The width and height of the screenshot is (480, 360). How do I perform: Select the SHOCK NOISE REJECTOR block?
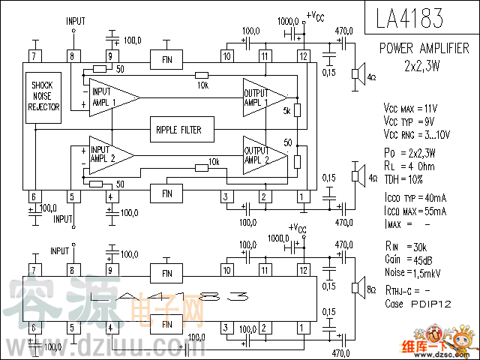coord(43,97)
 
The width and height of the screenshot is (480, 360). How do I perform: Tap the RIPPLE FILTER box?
coord(178,130)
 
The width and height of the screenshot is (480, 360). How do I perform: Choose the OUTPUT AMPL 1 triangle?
coord(262,97)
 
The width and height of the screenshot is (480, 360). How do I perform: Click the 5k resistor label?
coord(286,112)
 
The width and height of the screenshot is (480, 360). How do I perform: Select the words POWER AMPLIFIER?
coord(424,48)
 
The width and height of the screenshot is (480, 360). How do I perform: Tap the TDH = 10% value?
coord(404,178)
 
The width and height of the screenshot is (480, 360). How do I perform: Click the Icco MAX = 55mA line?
coord(415,211)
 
